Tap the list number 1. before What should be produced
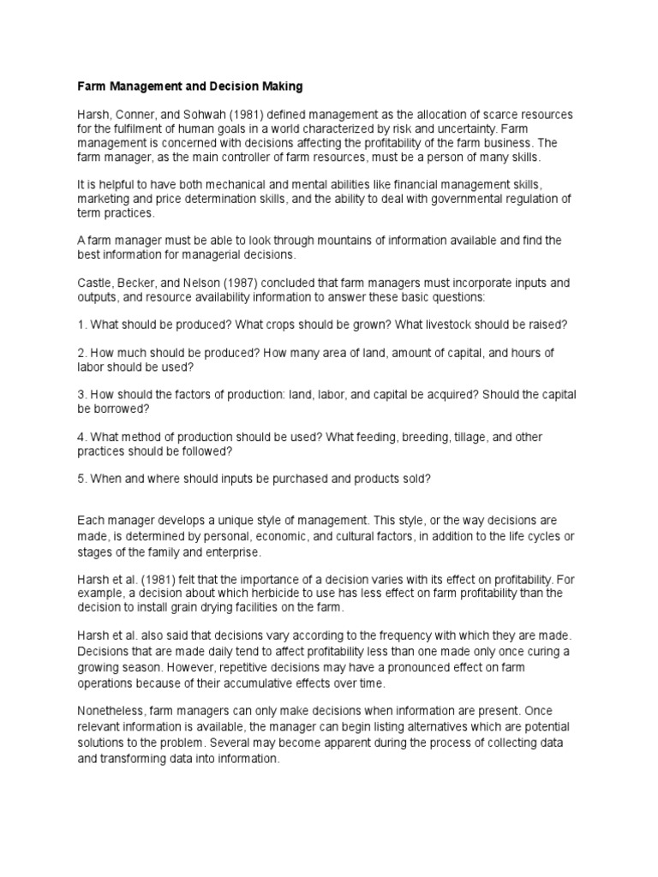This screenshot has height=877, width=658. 82,325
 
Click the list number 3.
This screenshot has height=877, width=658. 82,395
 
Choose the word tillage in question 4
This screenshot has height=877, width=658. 455,437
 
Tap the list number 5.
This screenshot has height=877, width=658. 82,479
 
